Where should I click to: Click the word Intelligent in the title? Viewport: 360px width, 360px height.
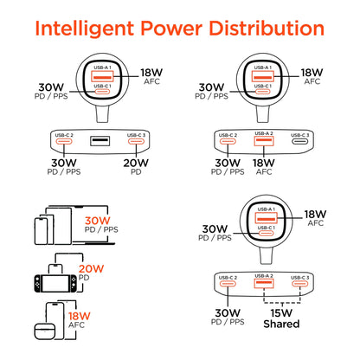(85, 29)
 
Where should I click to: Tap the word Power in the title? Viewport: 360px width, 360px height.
(171, 29)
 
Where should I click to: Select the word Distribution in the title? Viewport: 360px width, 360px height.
(267, 29)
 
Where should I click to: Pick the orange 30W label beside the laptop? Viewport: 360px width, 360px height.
(98, 221)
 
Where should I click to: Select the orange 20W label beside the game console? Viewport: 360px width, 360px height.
(91, 269)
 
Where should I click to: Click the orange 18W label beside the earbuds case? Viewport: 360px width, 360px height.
(80, 316)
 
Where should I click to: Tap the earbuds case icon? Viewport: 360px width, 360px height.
(45, 331)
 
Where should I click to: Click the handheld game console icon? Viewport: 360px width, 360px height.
(55, 284)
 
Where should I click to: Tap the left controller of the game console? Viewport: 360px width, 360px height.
(38, 284)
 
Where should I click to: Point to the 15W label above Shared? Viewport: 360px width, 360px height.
(281, 313)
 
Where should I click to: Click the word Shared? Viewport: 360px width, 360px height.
(281, 325)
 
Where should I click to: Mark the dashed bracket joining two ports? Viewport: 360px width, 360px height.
(282, 303)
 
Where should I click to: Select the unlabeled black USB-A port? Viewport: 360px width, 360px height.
(100, 141)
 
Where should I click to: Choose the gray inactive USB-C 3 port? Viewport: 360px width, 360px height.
(299, 142)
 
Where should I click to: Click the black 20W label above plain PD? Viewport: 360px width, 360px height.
(136, 164)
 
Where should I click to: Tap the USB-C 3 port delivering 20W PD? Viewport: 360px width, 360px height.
(136, 141)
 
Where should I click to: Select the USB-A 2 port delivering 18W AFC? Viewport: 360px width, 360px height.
(264, 141)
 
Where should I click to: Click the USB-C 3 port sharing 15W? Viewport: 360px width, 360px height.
(299, 283)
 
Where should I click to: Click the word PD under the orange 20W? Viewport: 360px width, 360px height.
(84, 278)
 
